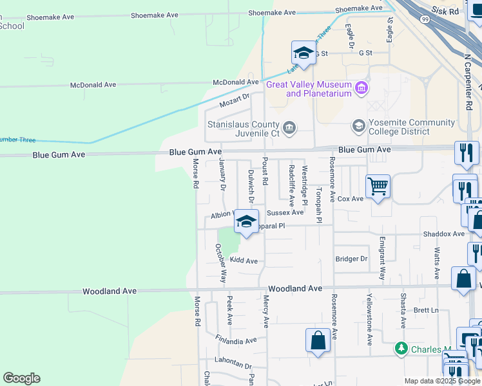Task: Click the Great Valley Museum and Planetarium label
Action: tap(309, 89)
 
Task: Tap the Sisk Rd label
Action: tap(449, 11)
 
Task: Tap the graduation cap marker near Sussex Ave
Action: tap(246, 222)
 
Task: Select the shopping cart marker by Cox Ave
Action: tap(378, 187)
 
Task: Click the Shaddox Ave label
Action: tap(444, 234)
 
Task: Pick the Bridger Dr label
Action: tap(351, 259)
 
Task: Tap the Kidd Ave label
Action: tap(244, 261)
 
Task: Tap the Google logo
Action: tap(21, 378)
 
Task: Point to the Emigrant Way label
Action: tap(382, 258)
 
